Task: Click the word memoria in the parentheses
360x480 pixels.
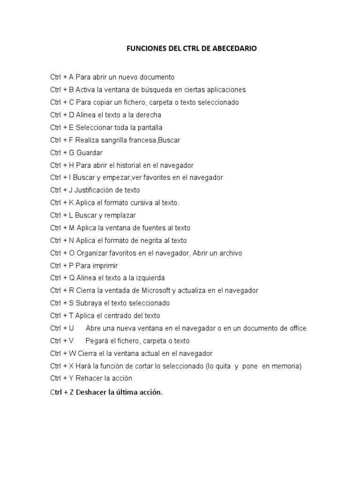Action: pos(285,366)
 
